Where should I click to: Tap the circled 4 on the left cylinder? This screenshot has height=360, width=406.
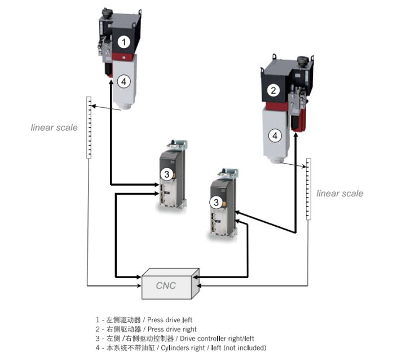tap(125, 81)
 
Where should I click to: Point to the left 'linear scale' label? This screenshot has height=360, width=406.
tap(54, 128)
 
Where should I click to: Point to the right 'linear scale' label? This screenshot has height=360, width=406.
tap(339, 194)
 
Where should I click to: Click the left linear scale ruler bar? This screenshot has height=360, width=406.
tap(89, 128)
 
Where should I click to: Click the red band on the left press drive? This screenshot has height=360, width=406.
tap(124, 56)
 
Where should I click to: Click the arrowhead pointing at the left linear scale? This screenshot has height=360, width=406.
tap(93, 106)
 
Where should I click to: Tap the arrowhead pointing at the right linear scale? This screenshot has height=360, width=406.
tap(303, 166)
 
